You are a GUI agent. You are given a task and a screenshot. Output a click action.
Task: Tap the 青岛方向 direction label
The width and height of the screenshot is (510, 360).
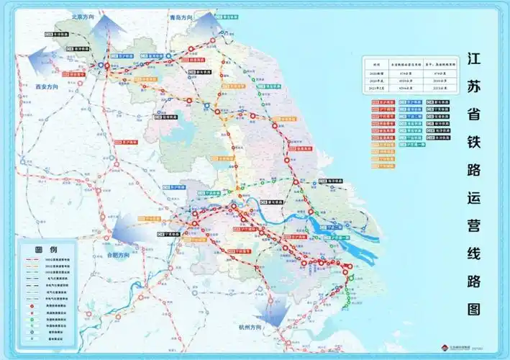tap(183, 16)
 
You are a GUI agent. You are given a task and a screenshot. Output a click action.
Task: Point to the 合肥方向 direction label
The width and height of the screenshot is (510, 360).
tap(119, 255)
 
